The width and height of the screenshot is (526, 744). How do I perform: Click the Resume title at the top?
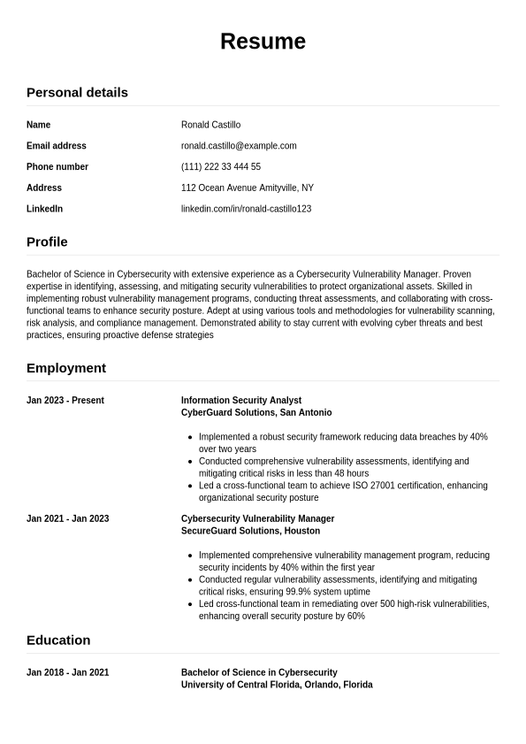[263, 42]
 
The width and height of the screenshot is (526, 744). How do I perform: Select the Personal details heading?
[77, 92]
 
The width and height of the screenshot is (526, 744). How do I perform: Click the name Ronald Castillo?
[210, 125]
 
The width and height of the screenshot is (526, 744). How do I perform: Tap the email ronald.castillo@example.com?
[239, 146]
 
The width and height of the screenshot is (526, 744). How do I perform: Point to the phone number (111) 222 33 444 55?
[221, 167]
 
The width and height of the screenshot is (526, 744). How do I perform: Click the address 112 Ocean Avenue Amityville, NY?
[248, 188]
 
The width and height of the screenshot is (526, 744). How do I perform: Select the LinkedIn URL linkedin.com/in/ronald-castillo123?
[246, 209]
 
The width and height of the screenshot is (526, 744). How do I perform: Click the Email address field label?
[57, 146]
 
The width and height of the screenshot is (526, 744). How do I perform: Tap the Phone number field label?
[57, 167]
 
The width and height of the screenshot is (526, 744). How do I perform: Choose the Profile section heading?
[47, 242]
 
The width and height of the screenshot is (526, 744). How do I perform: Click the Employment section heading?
[66, 368]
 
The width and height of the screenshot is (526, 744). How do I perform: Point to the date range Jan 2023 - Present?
[65, 401]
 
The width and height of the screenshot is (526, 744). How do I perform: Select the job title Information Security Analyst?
[241, 401]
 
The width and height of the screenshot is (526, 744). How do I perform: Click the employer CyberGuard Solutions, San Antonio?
[256, 413]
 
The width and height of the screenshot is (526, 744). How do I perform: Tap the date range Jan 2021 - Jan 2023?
[68, 519]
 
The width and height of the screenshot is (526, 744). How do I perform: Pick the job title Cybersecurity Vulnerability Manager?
[257, 519]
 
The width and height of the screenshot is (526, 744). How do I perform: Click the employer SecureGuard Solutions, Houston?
[250, 532]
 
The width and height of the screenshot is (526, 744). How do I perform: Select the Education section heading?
[58, 640]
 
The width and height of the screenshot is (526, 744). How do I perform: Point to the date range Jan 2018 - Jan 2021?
[68, 672]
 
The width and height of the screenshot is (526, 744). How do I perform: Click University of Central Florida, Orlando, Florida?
[277, 685]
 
